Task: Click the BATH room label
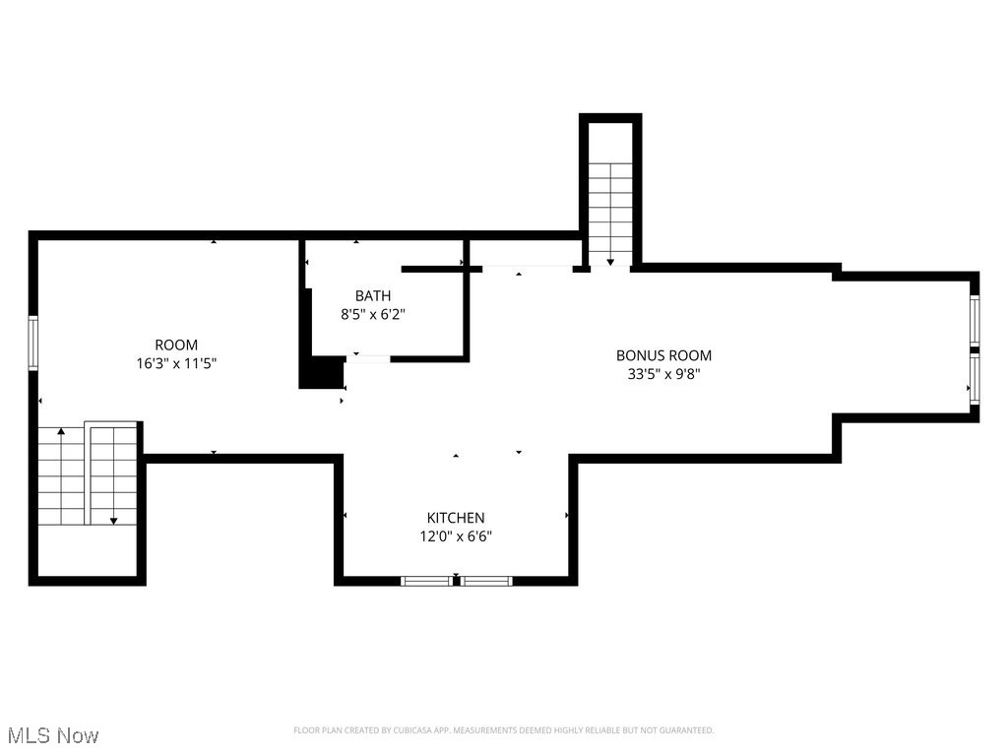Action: coord(373,295)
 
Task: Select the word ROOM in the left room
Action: coord(176,345)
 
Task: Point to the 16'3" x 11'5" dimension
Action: coord(176,363)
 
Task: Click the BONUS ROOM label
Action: coord(663,355)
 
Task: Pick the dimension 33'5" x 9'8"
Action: coord(663,374)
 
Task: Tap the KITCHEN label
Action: coord(455,518)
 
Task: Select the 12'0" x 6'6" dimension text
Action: coord(455,536)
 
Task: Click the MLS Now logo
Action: coord(53,735)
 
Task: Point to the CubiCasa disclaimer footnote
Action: coord(503,730)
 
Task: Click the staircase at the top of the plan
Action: coord(610,212)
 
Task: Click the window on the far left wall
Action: coord(33,342)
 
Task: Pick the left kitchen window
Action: coord(427,581)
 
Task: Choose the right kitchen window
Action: coord(487,581)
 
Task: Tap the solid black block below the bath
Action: coord(320,373)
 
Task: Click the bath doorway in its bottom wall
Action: coord(366,359)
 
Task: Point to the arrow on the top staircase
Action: coord(610,261)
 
